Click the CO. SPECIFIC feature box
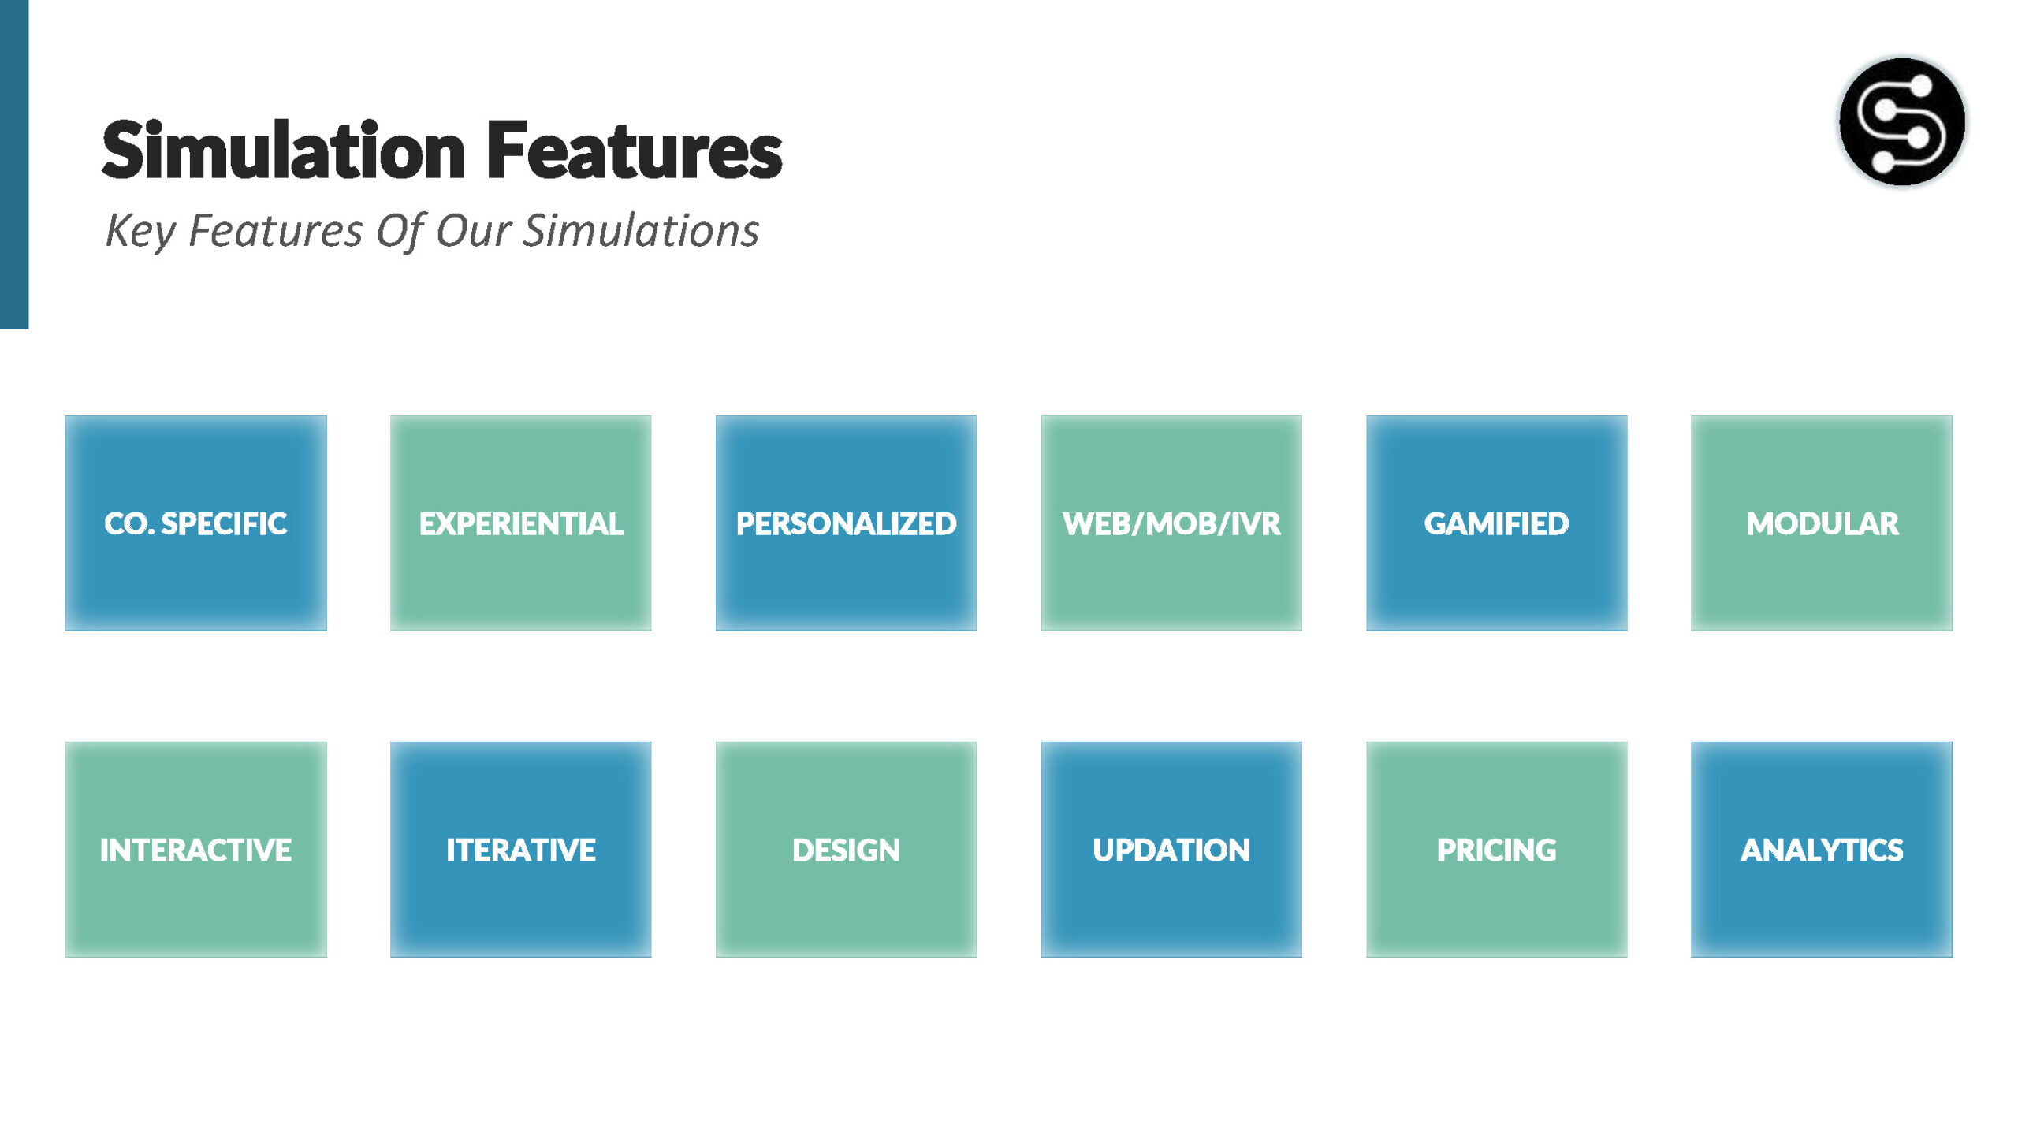click(x=195, y=523)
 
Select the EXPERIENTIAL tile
click(x=520, y=523)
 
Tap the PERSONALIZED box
click(x=846, y=523)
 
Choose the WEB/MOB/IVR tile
click(x=1171, y=523)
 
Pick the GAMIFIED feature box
click(x=1496, y=523)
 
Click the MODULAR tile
click(x=1822, y=523)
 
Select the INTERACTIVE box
click(x=195, y=850)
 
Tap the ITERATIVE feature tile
click(x=520, y=850)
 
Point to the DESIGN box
click(x=846, y=850)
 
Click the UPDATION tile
click(x=1171, y=850)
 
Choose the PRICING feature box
click(x=1496, y=850)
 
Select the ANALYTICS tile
click(x=1822, y=850)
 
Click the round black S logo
click(x=1902, y=121)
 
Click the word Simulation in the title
click(x=284, y=150)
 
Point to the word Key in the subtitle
click(x=140, y=232)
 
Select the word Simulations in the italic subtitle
click(x=641, y=230)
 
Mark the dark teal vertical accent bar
click(x=14, y=164)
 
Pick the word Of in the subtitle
click(x=400, y=232)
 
